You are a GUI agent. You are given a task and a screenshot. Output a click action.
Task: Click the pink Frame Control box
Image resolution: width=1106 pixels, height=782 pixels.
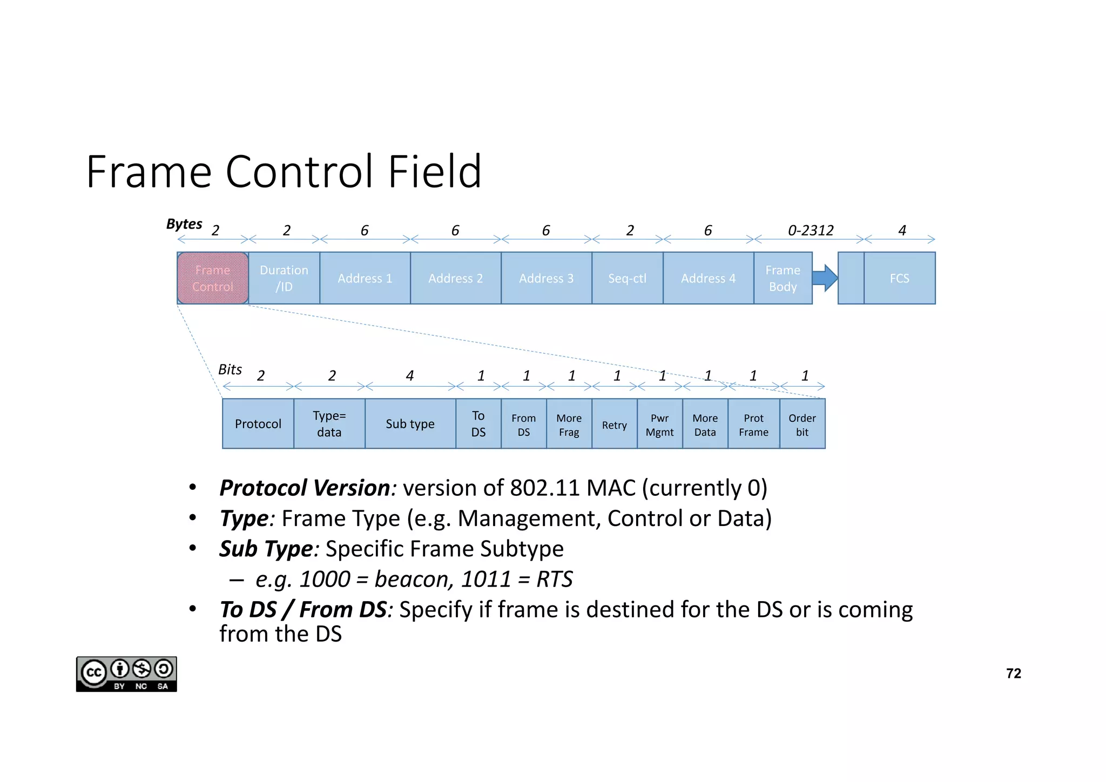(213, 278)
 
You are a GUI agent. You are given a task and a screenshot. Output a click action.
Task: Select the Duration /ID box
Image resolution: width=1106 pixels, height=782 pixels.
(284, 278)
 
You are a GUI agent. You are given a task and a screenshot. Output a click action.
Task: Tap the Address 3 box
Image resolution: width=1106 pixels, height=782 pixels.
(546, 278)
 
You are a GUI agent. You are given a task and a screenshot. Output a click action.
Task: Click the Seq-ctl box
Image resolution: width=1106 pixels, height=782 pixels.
(627, 278)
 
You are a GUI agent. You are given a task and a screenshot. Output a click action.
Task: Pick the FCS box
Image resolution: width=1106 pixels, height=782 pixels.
(899, 278)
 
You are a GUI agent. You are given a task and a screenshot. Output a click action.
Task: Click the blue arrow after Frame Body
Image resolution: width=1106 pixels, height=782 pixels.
(825, 278)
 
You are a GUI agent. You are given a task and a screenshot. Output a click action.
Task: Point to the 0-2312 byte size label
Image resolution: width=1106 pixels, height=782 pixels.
(811, 231)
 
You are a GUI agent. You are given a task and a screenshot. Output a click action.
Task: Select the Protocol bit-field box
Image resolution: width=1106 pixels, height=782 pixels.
(258, 424)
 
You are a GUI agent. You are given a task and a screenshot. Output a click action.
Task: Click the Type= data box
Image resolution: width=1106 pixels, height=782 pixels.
(329, 424)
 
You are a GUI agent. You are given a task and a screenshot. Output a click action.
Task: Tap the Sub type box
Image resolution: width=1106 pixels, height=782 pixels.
(410, 424)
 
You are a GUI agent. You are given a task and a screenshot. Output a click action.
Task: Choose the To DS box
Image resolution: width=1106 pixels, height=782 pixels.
(478, 424)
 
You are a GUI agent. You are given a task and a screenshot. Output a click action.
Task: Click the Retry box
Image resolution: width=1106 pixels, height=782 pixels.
(615, 425)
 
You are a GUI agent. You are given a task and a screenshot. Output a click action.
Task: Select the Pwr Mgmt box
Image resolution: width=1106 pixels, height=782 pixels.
(660, 425)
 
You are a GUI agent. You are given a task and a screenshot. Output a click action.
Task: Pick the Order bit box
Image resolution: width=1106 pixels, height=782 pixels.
(802, 425)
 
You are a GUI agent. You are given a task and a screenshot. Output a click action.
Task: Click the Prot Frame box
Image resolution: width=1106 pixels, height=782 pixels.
(753, 425)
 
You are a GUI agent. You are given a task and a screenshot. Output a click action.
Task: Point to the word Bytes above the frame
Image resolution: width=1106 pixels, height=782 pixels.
(184, 224)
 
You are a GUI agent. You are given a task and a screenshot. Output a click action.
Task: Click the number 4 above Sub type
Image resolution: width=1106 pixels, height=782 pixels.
(410, 376)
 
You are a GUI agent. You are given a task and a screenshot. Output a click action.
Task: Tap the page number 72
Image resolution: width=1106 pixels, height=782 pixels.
(1014, 673)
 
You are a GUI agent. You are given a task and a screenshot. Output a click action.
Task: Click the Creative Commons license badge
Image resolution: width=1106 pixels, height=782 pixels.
(126, 674)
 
